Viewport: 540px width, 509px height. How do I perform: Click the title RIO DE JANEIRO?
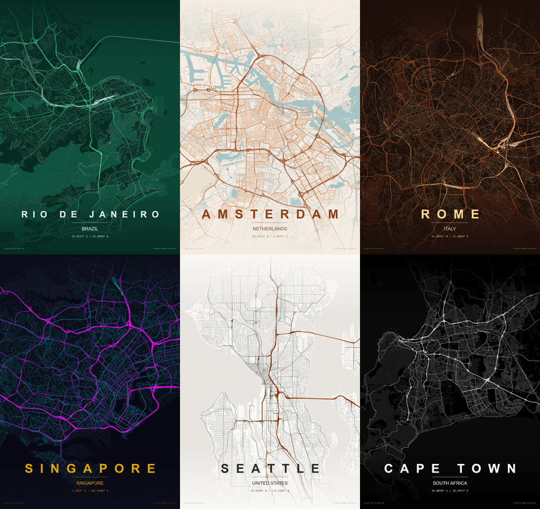(90, 214)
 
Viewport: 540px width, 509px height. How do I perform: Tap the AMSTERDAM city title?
(270, 214)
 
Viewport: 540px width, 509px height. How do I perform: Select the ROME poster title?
(450, 214)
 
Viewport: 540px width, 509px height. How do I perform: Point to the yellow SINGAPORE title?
(90, 468)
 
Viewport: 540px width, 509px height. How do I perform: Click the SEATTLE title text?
(270, 468)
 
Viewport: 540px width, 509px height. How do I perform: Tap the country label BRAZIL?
(90, 229)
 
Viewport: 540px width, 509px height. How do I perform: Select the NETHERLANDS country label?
(270, 229)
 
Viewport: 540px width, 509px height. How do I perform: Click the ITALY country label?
(450, 229)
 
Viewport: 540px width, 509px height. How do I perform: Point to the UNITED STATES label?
(270, 483)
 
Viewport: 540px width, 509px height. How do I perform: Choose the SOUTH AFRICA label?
(450, 483)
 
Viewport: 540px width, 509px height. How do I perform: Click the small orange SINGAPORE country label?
(90, 483)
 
